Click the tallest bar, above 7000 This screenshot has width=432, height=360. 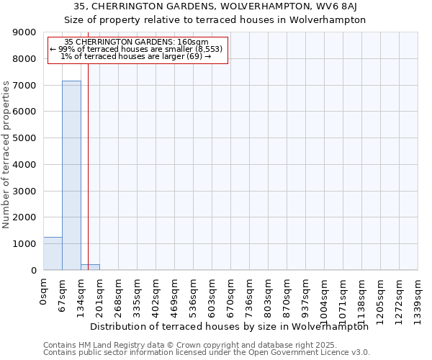pos(71,176)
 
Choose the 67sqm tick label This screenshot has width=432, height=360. pos(62,293)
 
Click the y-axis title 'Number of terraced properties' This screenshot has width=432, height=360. pos(6,155)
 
